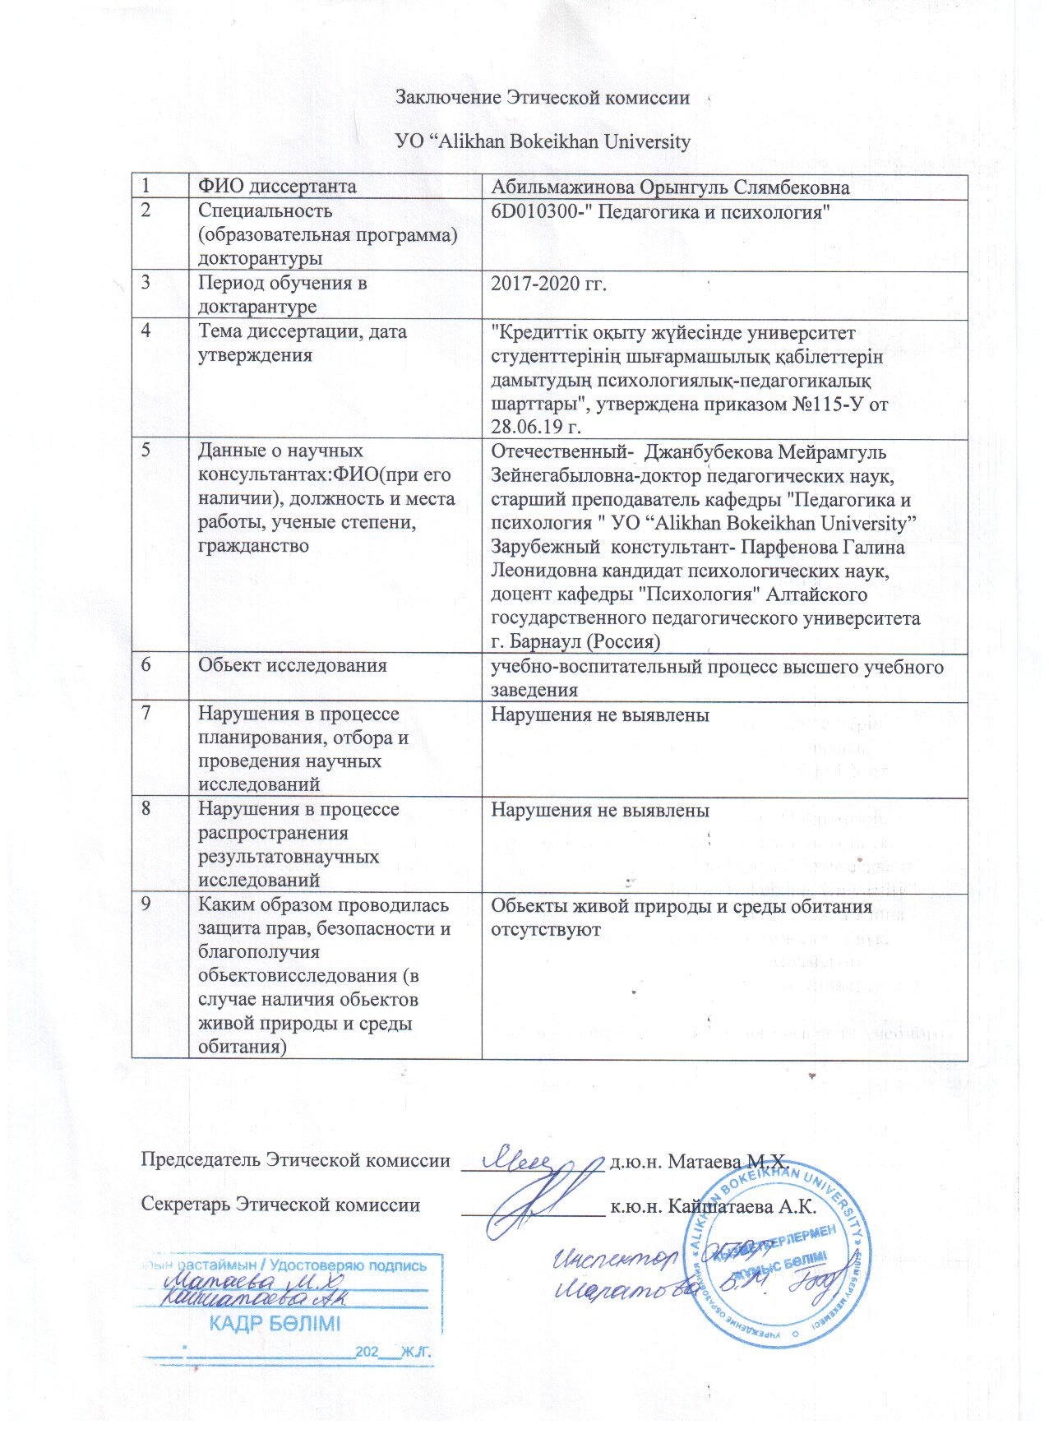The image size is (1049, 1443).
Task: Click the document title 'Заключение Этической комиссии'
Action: (543, 97)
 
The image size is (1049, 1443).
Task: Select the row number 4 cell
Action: (146, 332)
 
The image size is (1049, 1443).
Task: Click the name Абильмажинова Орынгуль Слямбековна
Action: (669, 187)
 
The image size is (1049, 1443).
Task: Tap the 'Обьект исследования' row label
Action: (292, 664)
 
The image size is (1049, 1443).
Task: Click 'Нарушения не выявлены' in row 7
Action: (599, 715)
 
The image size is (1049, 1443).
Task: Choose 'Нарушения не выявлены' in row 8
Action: (599, 810)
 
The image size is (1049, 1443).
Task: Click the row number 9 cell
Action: (146, 905)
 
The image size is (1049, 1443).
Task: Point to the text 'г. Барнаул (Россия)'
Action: (575, 641)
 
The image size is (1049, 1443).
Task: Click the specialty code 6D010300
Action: (527, 211)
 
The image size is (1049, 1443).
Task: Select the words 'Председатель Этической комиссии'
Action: (296, 1160)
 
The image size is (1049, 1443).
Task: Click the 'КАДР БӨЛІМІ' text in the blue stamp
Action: (274, 1323)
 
